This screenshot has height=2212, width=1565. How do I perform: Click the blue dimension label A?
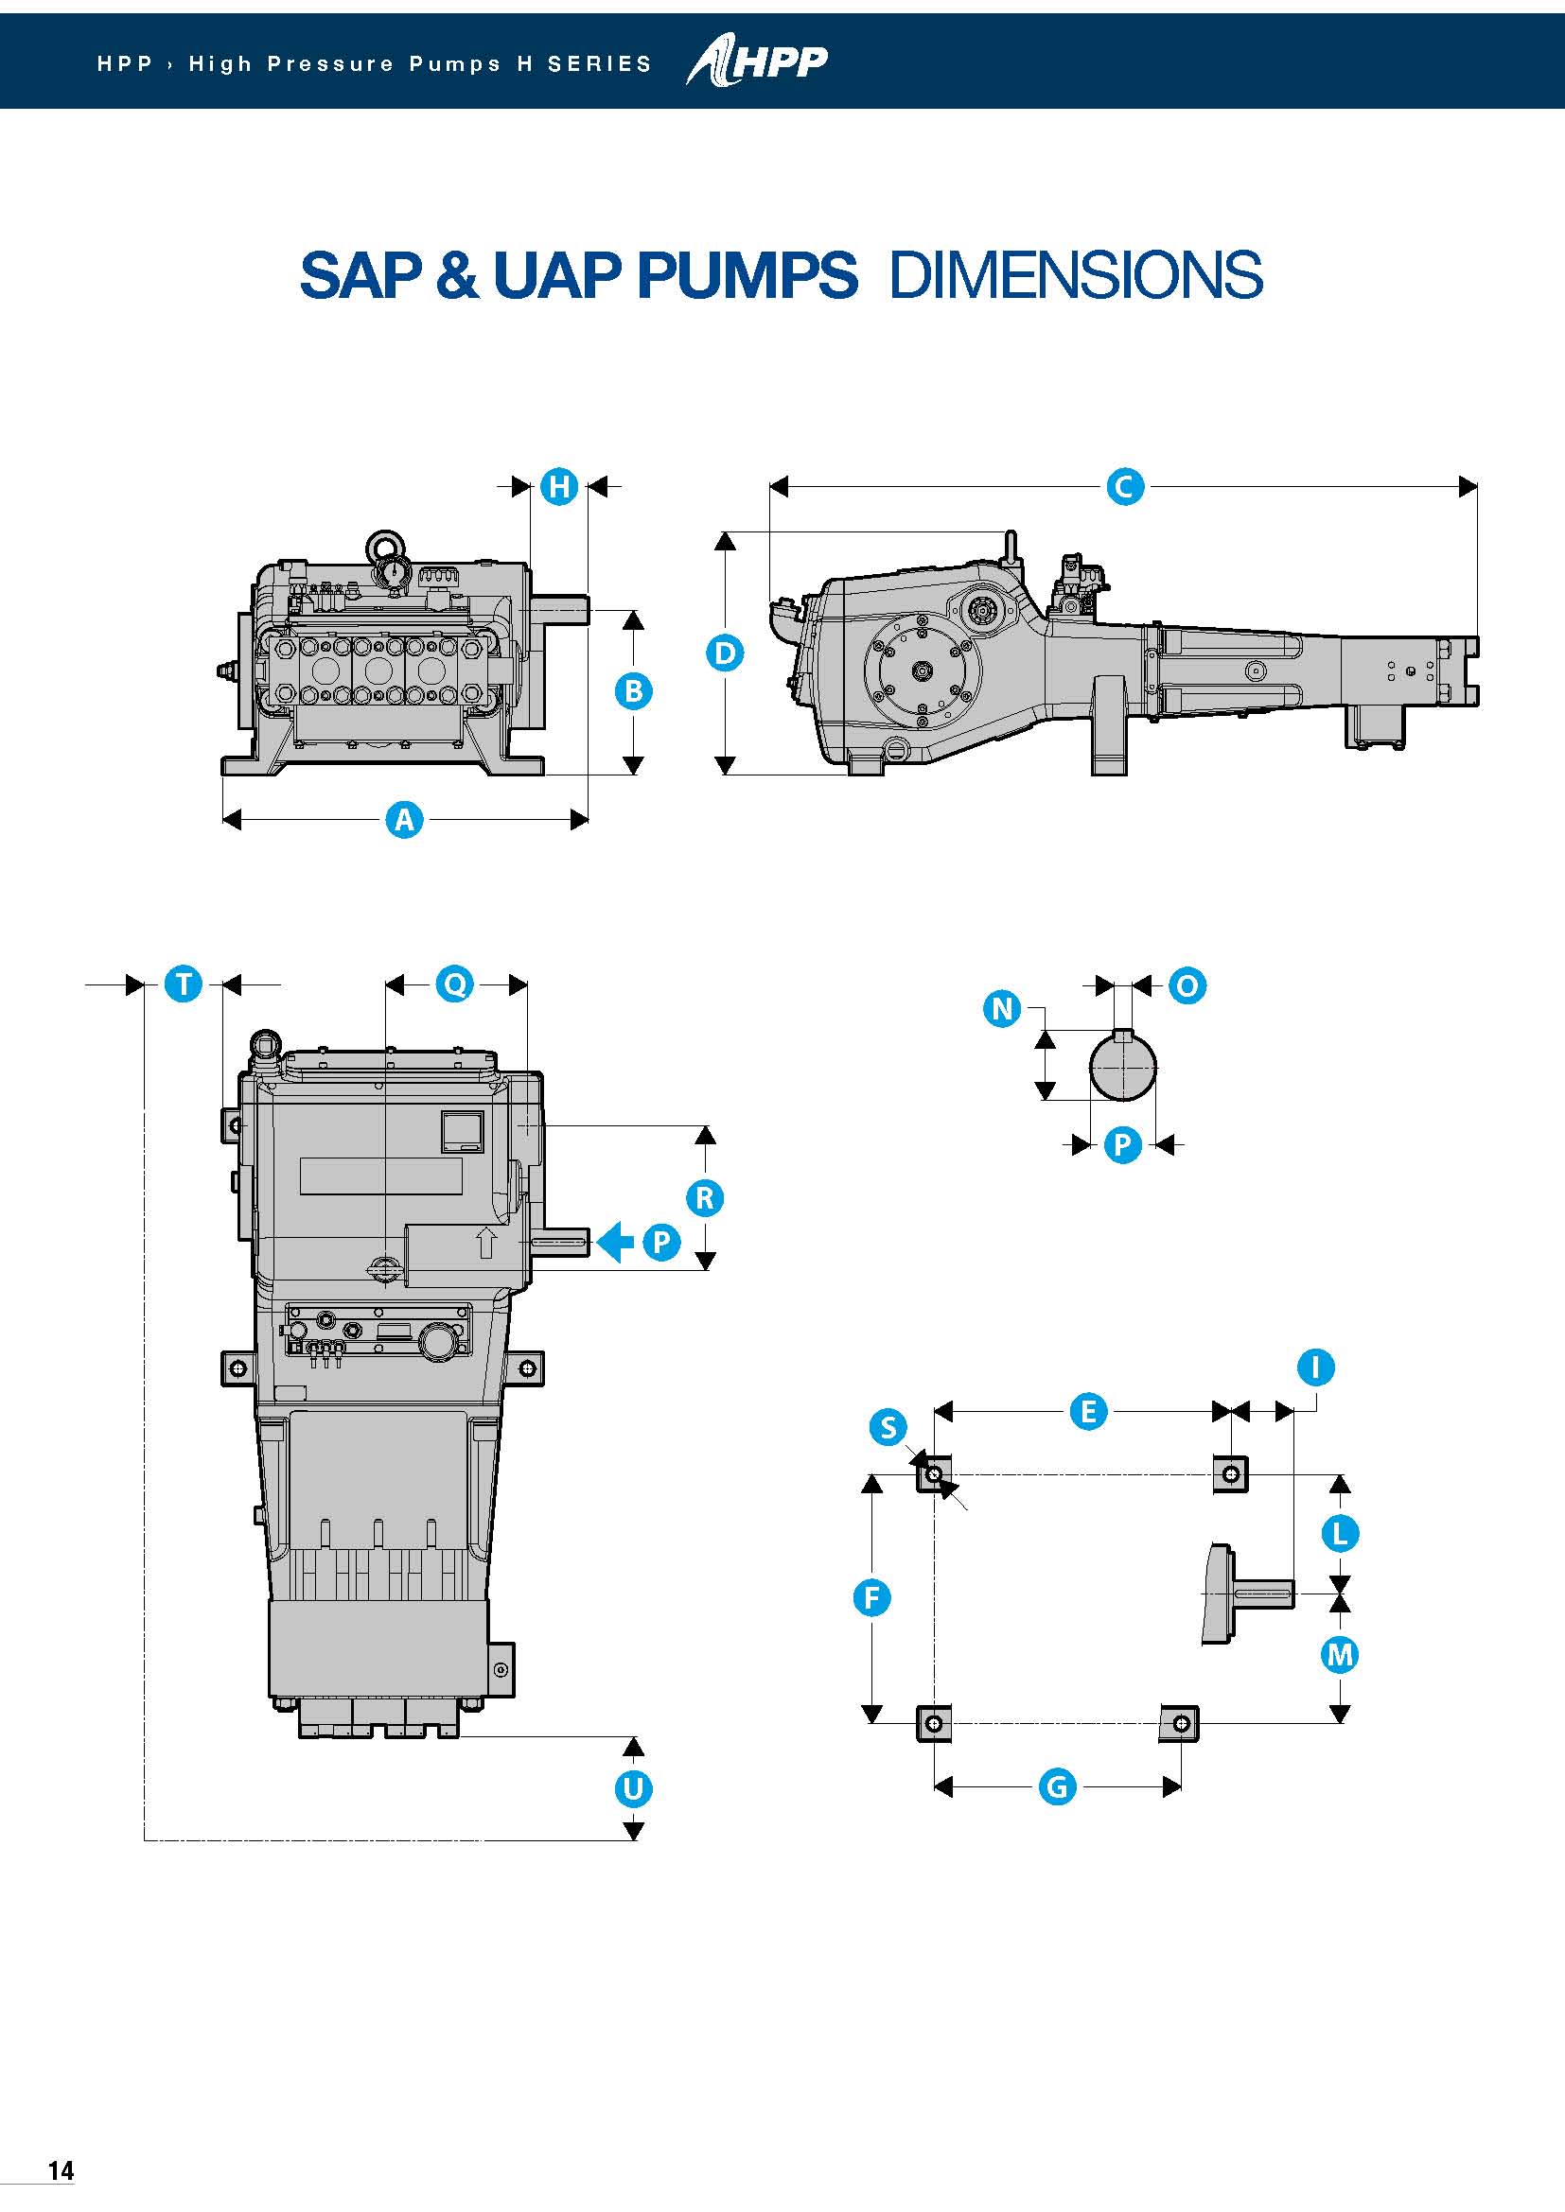click(404, 820)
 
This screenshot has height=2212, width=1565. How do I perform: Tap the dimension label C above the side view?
click(1124, 486)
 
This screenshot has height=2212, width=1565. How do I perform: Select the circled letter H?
click(559, 486)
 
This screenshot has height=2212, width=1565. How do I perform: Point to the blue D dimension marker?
click(725, 653)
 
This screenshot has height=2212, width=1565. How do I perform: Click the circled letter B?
click(633, 690)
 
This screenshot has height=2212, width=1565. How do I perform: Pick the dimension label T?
click(184, 984)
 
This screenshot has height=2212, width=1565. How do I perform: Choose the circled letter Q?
click(455, 984)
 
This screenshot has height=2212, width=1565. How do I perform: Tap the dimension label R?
click(705, 1197)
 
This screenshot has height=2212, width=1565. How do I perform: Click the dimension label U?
click(633, 1789)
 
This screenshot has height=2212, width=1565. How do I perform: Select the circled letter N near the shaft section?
click(1002, 1009)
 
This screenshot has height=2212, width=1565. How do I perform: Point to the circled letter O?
click(1187, 985)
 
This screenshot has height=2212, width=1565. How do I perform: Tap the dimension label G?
click(1057, 1787)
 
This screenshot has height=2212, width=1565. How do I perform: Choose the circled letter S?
click(888, 1427)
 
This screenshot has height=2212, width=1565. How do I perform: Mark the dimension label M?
click(1340, 1655)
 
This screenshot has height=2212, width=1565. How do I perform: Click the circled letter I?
click(1315, 1367)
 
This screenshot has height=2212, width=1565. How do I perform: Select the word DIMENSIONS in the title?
click(1076, 275)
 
